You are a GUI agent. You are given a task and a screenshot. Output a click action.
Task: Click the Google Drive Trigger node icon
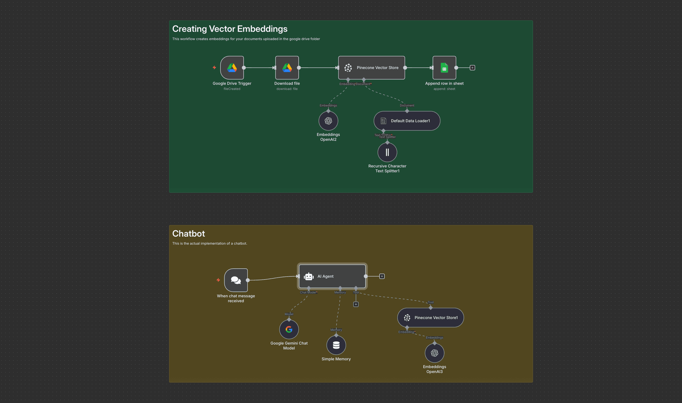[x=232, y=68]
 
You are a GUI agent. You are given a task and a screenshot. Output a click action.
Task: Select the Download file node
[x=287, y=68]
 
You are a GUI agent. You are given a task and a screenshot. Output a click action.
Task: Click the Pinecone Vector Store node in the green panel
[x=372, y=68]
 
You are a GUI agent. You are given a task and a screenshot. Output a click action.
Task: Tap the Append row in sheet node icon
[x=444, y=68]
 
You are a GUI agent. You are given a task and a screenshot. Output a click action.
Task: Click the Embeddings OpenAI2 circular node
[x=328, y=121]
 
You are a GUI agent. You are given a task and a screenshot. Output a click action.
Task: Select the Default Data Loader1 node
[x=407, y=121]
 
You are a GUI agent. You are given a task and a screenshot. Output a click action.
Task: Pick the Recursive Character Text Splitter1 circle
[x=387, y=152]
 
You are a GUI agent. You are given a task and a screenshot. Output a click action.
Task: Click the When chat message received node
[x=236, y=280]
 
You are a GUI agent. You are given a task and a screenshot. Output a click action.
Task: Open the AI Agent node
[x=332, y=276]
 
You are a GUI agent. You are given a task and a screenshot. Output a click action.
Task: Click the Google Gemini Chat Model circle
[x=289, y=329]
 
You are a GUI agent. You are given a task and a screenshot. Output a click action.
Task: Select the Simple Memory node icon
[x=336, y=345]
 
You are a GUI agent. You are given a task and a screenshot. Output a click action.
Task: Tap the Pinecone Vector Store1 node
[x=431, y=317]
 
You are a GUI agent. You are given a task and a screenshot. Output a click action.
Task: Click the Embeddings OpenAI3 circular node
[x=434, y=353]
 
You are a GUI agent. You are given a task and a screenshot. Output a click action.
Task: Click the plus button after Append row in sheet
[x=472, y=68]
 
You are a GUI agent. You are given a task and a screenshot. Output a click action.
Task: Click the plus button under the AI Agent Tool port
[x=356, y=304]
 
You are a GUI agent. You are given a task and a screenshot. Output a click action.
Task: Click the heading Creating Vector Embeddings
[x=230, y=29]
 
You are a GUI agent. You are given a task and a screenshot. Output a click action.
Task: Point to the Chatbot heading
[x=189, y=233]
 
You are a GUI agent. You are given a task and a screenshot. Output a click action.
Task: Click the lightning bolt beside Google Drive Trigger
[x=214, y=68]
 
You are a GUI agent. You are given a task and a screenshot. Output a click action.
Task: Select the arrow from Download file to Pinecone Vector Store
[x=318, y=68]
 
